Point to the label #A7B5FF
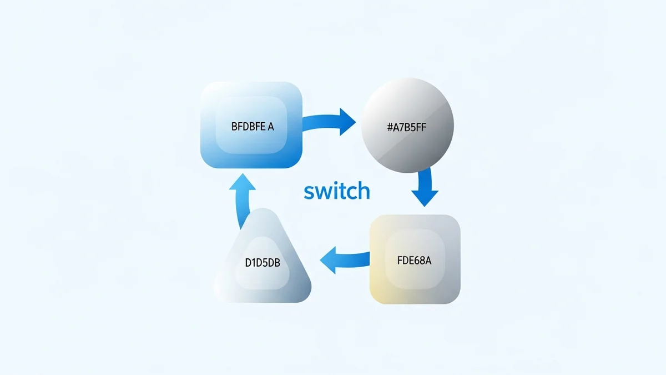406,127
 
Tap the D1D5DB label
263,263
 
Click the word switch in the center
337,191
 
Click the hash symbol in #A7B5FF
390,127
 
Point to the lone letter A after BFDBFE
271,126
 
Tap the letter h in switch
363,190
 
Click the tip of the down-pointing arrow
425,205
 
